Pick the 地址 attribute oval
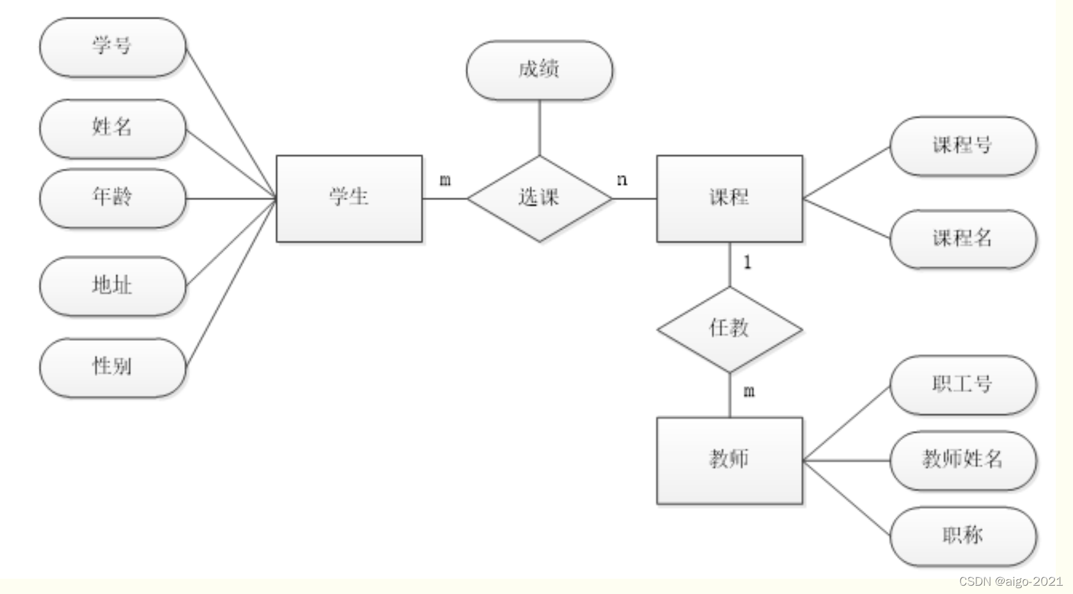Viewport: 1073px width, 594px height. click(x=113, y=286)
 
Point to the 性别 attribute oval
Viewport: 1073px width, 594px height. click(x=113, y=368)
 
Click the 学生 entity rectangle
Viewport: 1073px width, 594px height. click(x=349, y=198)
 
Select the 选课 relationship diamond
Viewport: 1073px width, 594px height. click(x=539, y=198)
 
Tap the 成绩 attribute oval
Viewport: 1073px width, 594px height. click(x=539, y=70)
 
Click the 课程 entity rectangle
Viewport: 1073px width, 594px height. click(x=729, y=198)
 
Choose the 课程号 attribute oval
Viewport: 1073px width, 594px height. click(x=962, y=146)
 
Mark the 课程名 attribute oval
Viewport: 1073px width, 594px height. click(x=962, y=239)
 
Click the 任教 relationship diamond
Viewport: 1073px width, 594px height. click(x=729, y=329)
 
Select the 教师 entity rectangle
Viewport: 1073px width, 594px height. click(x=729, y=460)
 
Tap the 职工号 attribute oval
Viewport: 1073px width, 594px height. click(x=962, y=385)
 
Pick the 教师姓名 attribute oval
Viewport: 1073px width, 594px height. click(x=962, y=460)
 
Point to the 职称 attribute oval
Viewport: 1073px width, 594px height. click(x=962, y=536)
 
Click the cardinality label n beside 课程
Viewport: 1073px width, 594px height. click(x=622, y=180)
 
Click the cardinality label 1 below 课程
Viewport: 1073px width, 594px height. click(x=747, y=262)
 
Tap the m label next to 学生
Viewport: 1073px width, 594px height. click(x=445, y=180)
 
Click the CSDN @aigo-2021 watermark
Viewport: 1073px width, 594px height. click(x=1010, y=581)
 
